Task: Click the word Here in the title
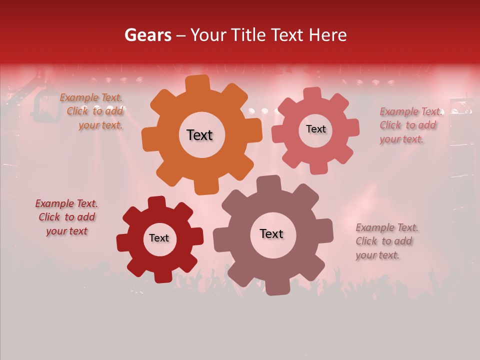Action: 327,35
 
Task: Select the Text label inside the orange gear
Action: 199,135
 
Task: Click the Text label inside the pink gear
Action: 315,129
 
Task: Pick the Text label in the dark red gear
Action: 159,238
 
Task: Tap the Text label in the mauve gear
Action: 271,233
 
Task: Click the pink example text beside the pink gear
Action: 410,125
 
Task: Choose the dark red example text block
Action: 66,217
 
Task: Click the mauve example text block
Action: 386,241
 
